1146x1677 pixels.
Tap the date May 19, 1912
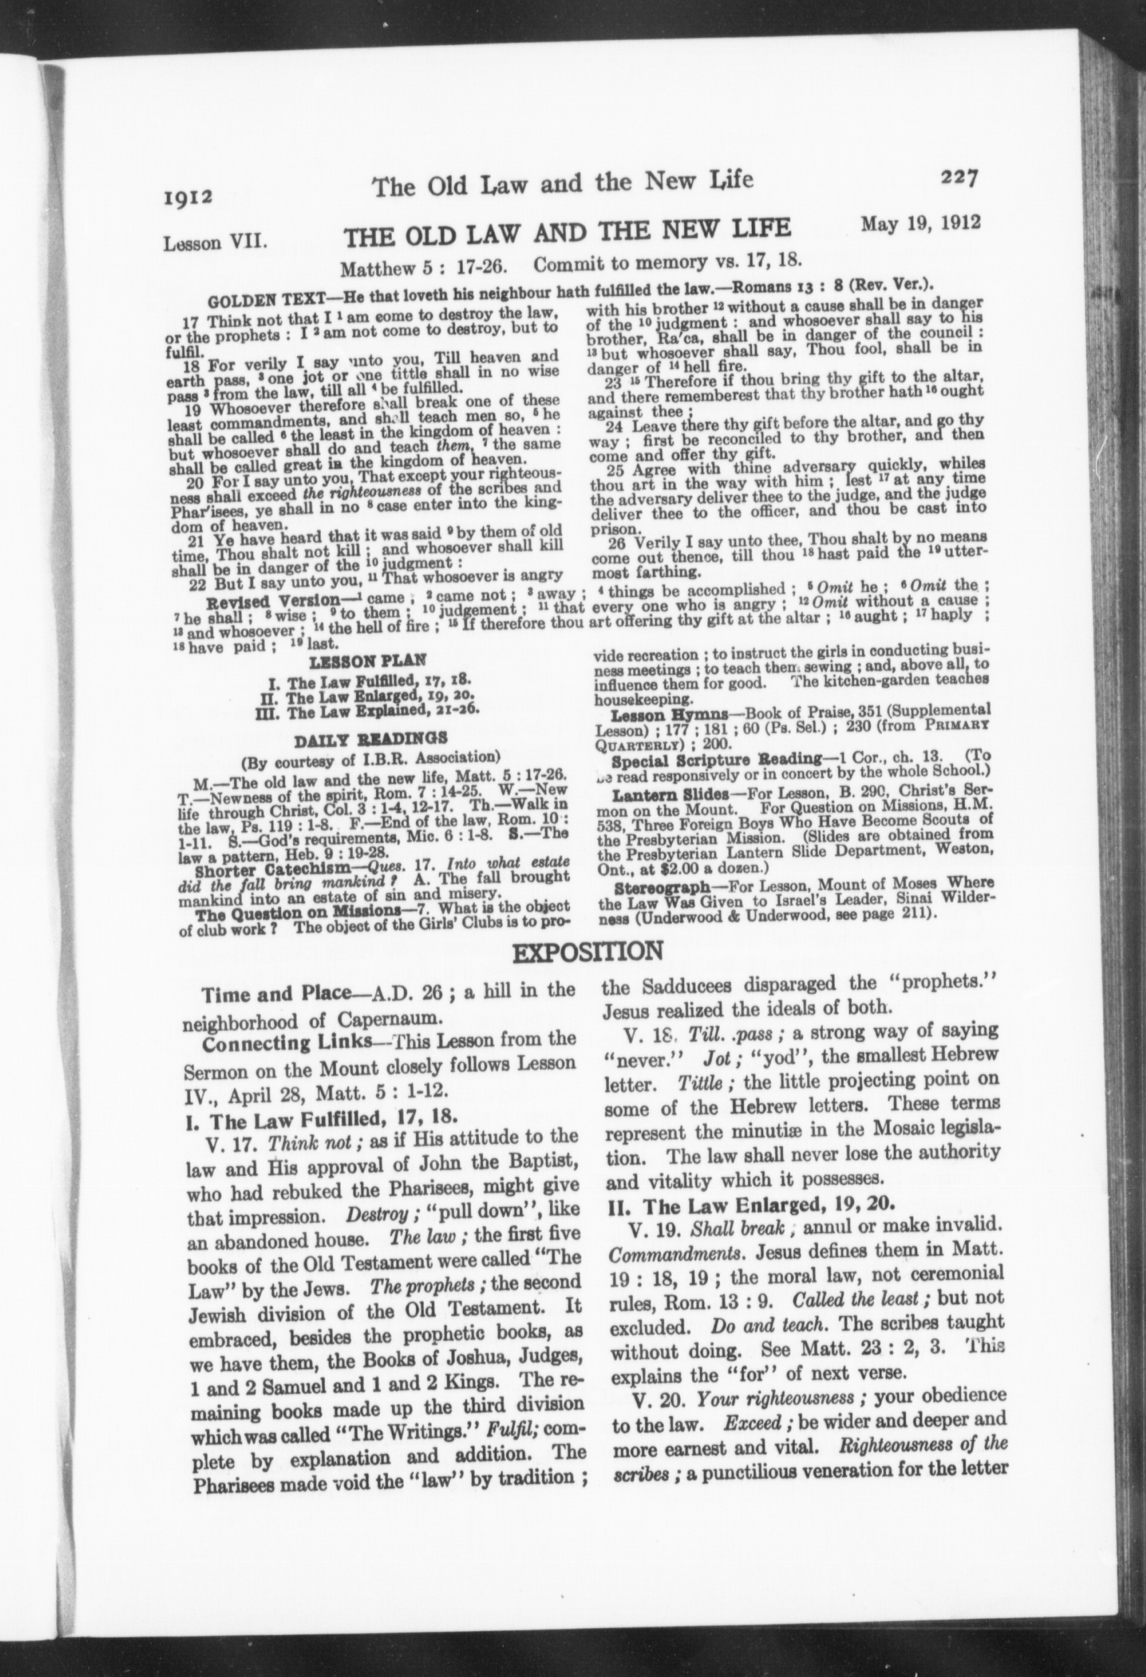920,222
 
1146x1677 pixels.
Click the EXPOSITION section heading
587,951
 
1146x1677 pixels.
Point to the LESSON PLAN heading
368,660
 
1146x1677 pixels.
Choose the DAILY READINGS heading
371,738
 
